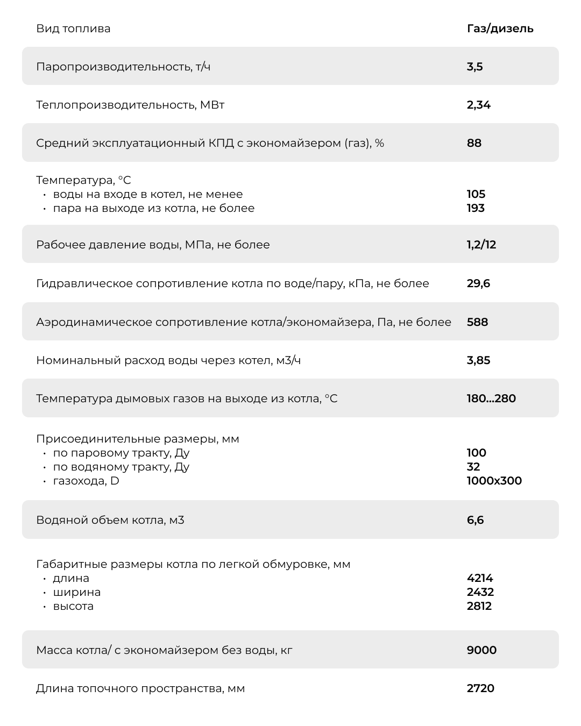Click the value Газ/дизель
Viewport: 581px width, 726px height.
click(500, 29)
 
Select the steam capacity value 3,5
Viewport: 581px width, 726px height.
click(474, 67)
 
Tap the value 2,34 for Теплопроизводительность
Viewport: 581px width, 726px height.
click(478, 105)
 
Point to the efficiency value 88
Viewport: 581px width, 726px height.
click(474, 143)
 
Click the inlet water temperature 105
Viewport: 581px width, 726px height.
click(476, 194)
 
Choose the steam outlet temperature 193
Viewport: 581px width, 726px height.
click(476, 208)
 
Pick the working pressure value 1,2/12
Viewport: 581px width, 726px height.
click(481, 245)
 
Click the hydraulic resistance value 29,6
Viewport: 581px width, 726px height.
click(478, 283)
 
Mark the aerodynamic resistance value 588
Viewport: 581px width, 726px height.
click(477, 322)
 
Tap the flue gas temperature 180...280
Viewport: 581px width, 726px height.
click(491, 398)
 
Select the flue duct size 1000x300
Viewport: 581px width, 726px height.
click(494, 481)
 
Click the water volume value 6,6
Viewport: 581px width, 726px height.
click(475, 520)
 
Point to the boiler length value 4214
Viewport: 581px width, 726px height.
click(480, 578)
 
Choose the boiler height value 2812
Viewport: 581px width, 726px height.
click(479, 606)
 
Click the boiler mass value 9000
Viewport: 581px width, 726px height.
click(481, 650)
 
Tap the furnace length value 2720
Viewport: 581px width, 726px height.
click(480, 688)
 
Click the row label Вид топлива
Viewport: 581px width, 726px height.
click(73, 29)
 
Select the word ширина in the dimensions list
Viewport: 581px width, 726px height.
click(76, 592)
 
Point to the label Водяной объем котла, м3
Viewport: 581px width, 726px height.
click(110, 520)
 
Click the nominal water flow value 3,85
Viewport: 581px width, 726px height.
click(478, 360)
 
